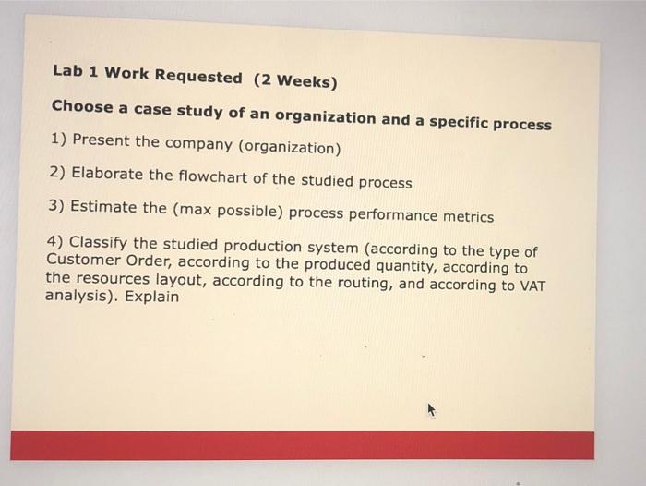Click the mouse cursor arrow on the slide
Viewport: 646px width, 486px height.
pos(430,410)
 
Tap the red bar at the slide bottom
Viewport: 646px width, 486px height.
pos(303,444)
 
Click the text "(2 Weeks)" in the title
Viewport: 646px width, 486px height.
pos(295,81)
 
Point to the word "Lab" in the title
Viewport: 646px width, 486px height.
pos(68,70)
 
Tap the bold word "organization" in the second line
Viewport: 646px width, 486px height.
pos(328,118)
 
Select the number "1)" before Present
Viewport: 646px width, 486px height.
pos(58,140)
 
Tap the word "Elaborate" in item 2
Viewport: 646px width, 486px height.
pos(107,174)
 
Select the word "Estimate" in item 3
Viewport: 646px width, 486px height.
pos(103,207)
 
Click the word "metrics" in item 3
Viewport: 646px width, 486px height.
pos(468,216)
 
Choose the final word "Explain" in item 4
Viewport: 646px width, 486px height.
pos(152,298)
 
